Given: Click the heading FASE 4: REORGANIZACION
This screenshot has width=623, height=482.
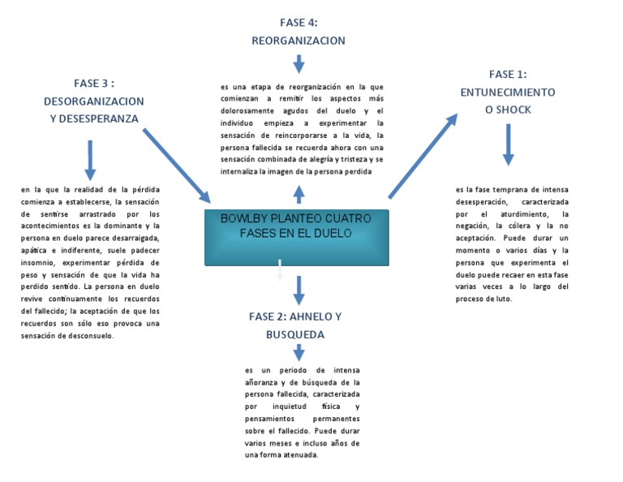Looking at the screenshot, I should coord(299,32).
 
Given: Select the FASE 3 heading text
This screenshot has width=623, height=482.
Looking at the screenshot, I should coord(94,101).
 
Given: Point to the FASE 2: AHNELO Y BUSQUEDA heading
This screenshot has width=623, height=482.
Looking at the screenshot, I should coord(295,325).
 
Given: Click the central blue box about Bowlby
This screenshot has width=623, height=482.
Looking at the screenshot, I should coord(296,235).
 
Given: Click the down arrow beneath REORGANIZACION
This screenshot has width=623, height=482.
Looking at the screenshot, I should coord(299,63).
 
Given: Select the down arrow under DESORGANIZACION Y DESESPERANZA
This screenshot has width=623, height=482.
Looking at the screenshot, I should coord(90,159).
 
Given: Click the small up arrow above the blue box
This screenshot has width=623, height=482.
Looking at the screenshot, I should coord(299,193).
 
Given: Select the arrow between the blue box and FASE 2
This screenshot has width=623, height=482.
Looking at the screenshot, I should coord(299,288).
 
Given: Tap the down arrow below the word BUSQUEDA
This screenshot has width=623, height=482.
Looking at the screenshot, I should coord(299,352).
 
